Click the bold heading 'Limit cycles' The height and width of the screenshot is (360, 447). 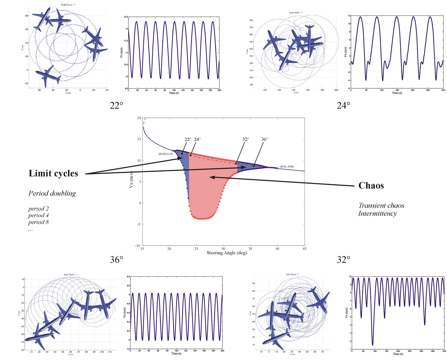(53, 173)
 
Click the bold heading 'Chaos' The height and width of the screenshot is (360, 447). (371, 185)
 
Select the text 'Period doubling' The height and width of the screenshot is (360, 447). (52, 193)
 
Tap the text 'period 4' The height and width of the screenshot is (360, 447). (39, 215)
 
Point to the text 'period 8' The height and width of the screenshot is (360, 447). (39, 222)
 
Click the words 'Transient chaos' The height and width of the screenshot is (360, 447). (381, 205)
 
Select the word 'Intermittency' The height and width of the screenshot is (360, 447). (377, 214)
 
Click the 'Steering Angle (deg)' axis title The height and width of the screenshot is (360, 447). (227, 253)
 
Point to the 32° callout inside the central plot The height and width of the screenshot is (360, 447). (245, 139)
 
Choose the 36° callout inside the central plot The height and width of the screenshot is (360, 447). (265, 139)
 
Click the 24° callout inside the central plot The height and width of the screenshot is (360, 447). (197, 139)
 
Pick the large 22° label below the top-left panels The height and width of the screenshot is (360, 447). (116, 106)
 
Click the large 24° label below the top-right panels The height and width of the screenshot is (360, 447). (343, 106)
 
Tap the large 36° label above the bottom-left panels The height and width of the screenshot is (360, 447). (116, 260)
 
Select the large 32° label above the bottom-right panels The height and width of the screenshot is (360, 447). (343, 260)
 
